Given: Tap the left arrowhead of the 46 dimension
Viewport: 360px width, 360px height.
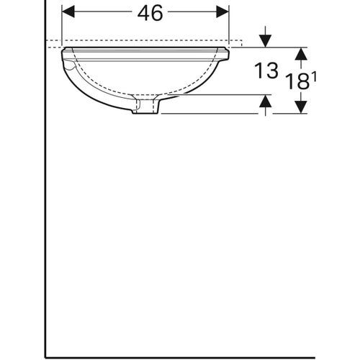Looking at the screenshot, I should click(67, 13).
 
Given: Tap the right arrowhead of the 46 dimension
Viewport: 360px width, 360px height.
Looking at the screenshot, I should click(224, 13).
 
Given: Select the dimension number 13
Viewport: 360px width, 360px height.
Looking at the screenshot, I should click(265, 71).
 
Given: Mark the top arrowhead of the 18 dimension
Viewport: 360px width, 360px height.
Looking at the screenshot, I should click(301, 53).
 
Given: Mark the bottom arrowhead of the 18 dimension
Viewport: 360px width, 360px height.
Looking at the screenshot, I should click(301, 107).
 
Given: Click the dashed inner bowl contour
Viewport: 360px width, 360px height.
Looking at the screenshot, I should click(144, 86).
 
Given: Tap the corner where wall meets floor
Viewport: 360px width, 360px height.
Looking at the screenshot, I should click(45, 356).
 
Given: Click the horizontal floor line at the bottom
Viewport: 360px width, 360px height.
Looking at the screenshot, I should click(180, 356).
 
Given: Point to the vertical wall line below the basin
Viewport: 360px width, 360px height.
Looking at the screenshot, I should click(45, 216).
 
